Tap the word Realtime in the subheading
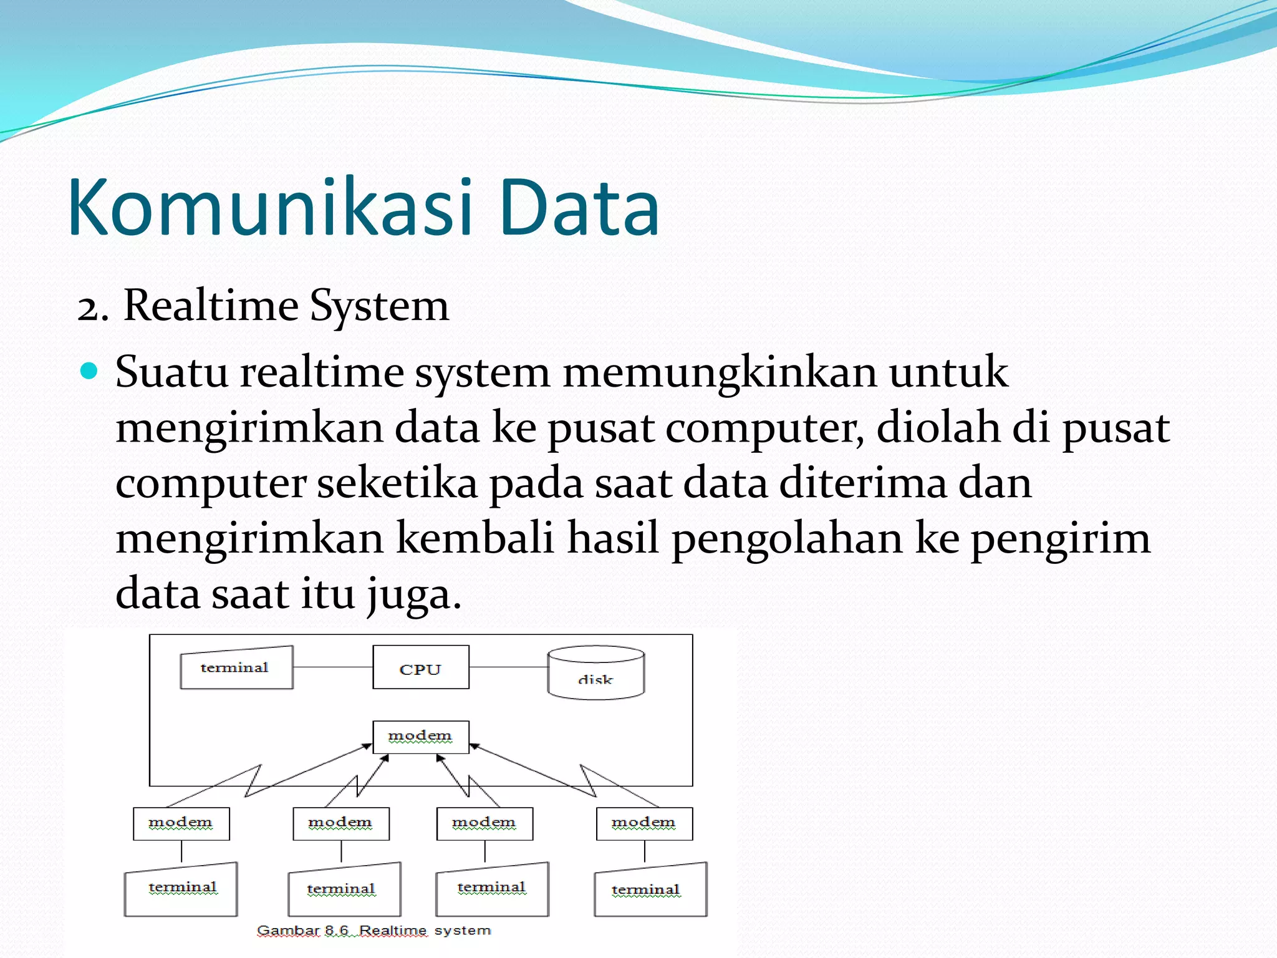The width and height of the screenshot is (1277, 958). click(x=211, y=306)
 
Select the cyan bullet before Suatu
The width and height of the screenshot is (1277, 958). click(x=90, y=371)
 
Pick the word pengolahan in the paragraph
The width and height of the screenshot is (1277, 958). click(x=786, y=538)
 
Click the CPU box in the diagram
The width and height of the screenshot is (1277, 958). click(x=420, y=667)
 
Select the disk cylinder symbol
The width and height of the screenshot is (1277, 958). click(x=595, y=673)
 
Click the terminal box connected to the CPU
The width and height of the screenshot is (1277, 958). click(x=236, y=667)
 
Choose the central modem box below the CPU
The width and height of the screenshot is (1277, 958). click(x=420, y=737)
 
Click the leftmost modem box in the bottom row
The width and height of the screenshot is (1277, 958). click(x=181, y=824)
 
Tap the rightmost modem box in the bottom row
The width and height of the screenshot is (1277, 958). click(x=644, y=824)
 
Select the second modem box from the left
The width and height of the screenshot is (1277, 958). click(x=340, y=824)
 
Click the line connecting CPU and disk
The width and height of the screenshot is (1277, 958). click(x=508, y=667)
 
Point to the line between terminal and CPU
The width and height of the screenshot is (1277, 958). click(x=332, y=667)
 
